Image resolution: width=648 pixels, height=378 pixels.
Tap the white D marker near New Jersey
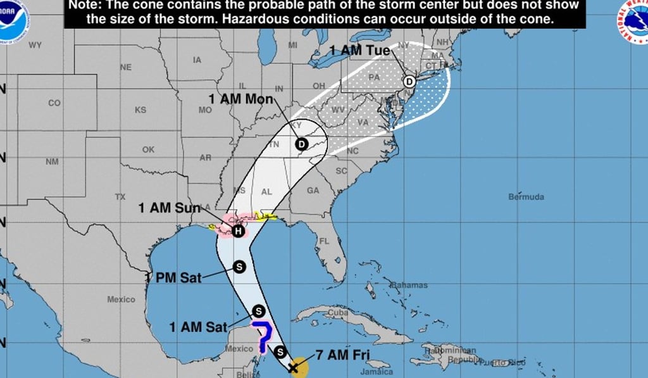[409, 81]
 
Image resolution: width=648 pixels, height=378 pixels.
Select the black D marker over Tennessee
[301, 144]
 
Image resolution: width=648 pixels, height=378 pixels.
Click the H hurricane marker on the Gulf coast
[237, 231]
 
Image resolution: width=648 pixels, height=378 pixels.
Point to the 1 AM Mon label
[241, 99]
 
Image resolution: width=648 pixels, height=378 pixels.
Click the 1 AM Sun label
[169, 208]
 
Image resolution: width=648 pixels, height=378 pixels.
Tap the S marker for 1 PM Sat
[239, 267]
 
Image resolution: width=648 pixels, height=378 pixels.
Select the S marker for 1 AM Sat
[258, 310]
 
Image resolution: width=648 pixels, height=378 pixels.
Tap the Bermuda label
[526, 197]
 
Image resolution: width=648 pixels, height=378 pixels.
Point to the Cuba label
[338, 312]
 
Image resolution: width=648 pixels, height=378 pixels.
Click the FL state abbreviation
[324, 241]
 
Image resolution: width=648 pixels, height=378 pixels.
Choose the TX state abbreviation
[120, 197]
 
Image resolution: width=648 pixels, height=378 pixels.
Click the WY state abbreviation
[35, 45]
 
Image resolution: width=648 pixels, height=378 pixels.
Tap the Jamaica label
[374, 372]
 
